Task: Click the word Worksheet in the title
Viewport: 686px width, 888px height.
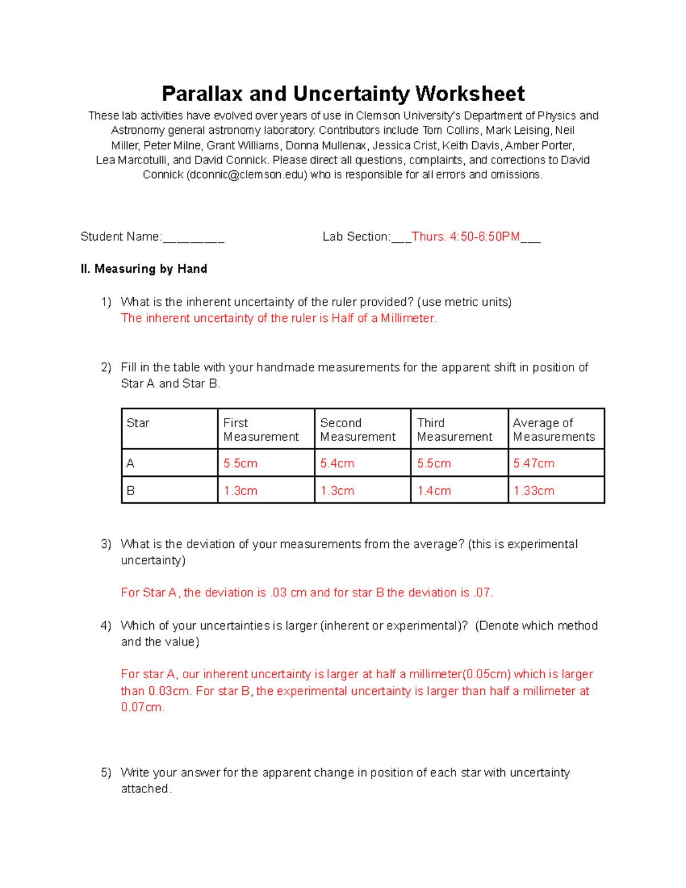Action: pos(470,94)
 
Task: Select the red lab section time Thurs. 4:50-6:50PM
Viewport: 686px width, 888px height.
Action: pos(465,237)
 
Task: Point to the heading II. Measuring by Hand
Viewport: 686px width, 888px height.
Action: pos(144,269)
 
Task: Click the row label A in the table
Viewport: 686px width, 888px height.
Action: pos(130,463)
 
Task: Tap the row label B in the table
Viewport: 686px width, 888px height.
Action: pos(130,491)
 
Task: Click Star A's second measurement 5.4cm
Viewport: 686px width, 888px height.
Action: pos(337,463)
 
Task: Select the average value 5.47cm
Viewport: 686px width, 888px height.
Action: pos(533,463)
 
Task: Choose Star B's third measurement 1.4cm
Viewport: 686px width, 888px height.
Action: pos(434,491)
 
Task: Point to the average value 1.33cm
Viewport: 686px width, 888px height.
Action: pos(533,491)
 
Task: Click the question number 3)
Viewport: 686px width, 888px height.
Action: pos(106,544)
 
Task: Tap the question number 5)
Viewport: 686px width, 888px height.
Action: pos(106,773)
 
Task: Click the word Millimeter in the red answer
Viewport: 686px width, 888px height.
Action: pos(408,318)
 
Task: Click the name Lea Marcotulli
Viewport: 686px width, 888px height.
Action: pos(131,160)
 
